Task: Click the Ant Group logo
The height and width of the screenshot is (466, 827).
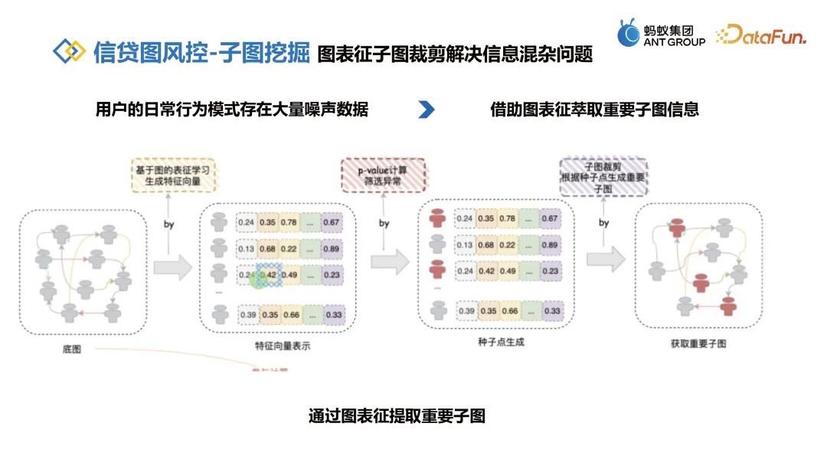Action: click(x=661, y=33)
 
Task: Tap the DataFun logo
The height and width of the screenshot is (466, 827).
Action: click(x=760, y=34)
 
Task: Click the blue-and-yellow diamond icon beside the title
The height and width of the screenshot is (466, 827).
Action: click(x=69, y=51)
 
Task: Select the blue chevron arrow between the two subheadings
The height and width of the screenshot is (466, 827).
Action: click(x=427, y=110)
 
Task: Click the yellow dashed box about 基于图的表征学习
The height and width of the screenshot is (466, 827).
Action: click(x=172, y=176)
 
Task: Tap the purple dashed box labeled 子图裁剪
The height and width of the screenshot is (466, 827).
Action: click(x=603, y=177)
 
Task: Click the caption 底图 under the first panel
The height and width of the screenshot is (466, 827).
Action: click(x=72, y=349)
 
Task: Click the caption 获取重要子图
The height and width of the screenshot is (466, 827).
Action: click(x=698, y=344)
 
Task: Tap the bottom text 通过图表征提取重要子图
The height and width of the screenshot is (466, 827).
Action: click(x=397, y=416)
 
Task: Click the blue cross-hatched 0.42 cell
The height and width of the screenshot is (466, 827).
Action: click(x=268, y=276)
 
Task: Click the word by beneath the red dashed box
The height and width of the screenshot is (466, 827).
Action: click(x=384, y=224)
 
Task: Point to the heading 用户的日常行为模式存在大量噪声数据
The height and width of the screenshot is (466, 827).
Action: click(x=232, y=110)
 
